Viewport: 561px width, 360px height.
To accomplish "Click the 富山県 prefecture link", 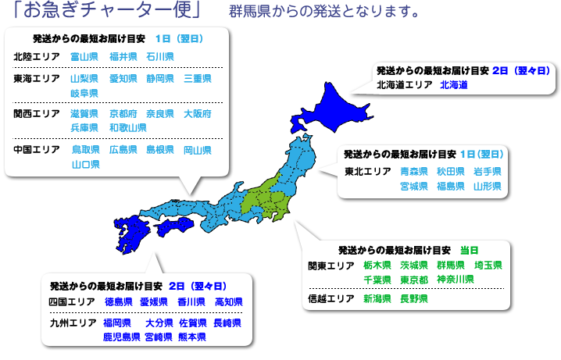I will [x=84, y=57].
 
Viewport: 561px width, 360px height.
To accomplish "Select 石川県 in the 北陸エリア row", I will [x=160, y=57].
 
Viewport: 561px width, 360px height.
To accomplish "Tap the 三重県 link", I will [x=197, y=79].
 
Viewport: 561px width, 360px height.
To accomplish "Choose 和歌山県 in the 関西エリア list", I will [x=127, y=127].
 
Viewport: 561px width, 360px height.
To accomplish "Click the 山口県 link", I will [x=85, y=164].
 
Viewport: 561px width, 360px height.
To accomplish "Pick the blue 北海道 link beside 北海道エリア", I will [x=453, y=85].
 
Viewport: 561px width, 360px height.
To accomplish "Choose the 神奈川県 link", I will [x=455, y=280].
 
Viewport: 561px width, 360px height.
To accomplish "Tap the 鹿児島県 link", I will [x=121, y=337].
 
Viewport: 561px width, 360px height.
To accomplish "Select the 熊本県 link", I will [x=191, y=337].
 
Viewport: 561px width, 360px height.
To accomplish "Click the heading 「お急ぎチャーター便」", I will [x=109, y=12].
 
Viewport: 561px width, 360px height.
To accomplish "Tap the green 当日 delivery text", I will [x=468, y=250].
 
